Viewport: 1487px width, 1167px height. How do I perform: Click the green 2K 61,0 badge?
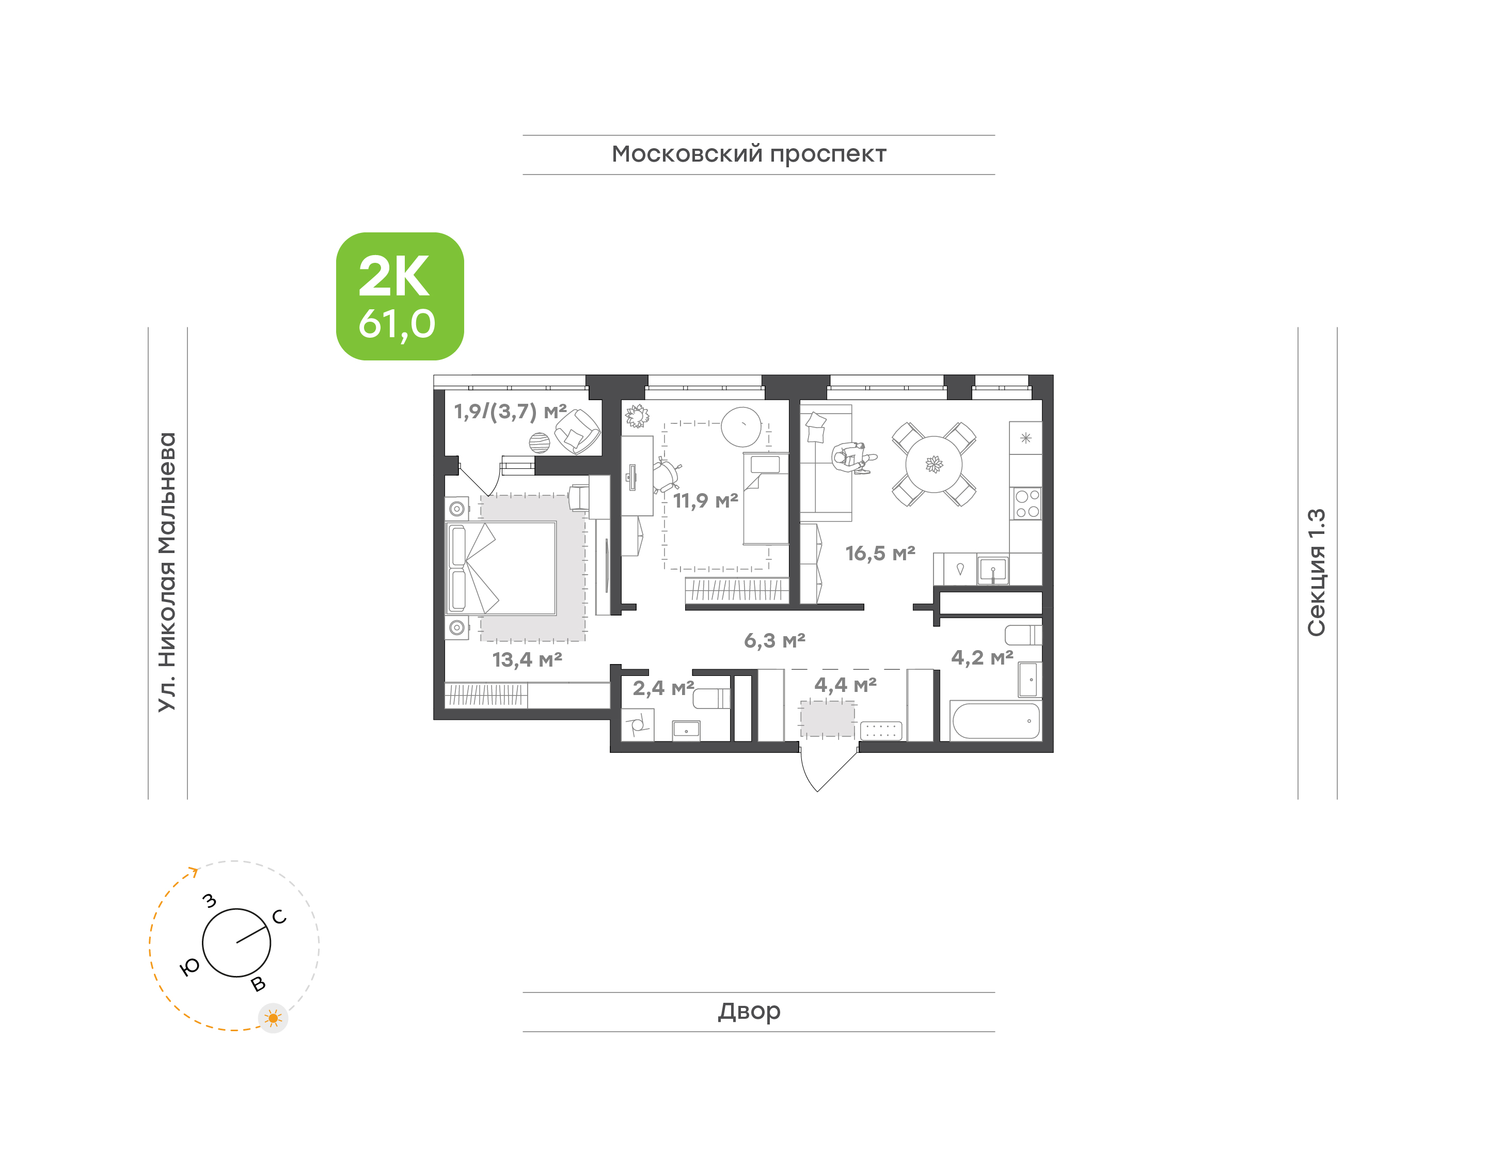[x=400, y=296]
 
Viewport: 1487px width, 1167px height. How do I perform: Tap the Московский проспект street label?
[x=749, y=154]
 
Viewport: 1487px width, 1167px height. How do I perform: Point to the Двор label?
[x=749, y=1011]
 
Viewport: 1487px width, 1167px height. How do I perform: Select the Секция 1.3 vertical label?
[x=1316, y=573]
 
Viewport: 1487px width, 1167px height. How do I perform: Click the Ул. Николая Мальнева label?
[x=167, y=573]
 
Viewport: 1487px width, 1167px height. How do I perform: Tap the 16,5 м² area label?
[x=880, y=554]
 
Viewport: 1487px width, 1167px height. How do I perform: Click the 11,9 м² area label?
[x=706, y=501]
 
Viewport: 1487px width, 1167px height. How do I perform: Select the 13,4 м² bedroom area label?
[x=527, y=660]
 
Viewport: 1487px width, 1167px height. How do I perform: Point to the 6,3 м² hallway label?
[x=774, y=641]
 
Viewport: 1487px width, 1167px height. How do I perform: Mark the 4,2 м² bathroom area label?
[x=982, y=658]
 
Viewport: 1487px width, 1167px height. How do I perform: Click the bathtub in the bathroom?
[x=996, y=721]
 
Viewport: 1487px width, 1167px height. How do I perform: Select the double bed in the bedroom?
[x=501, y=569]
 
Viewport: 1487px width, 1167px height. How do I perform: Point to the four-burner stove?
[x=1026, y=503]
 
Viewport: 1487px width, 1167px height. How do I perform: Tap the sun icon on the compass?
[x=273, y=1018]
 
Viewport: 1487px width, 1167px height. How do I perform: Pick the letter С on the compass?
[x=279, y=917]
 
